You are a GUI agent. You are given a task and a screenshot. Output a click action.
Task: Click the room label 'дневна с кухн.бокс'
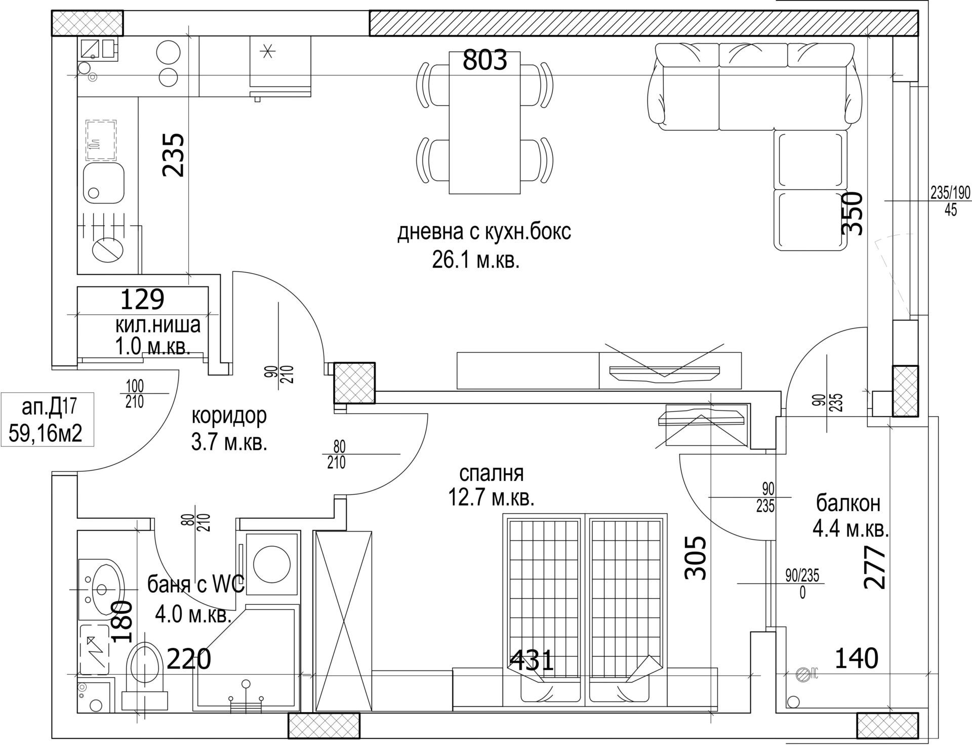(484, 232)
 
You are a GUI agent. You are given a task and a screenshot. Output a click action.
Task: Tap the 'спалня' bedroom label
(491, 474)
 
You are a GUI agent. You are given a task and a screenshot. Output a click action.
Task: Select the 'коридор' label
(229, 417)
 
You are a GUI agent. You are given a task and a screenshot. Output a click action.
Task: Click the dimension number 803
(485, 61)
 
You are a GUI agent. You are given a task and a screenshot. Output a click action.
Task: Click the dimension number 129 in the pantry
(142, 299)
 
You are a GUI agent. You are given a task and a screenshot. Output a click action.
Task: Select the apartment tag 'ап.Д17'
(49, 407)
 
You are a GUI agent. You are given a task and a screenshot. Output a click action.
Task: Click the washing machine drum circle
(271, 565)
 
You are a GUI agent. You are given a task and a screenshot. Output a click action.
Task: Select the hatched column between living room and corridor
(354, 383)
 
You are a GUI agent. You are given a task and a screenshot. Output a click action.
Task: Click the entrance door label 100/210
(135, 394)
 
